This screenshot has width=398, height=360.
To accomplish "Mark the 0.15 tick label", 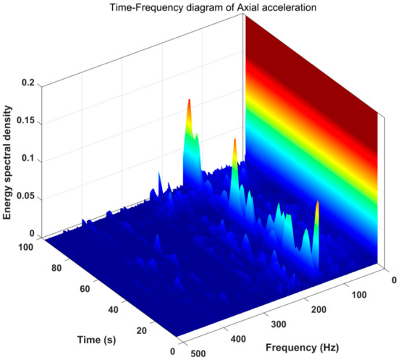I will (x=27, y=122).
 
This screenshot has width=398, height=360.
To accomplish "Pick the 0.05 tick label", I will (x=27, y=197).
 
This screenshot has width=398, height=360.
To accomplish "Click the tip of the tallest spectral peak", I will (x=189, y=100).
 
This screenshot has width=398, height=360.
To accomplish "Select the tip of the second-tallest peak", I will (x=235, y=140).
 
